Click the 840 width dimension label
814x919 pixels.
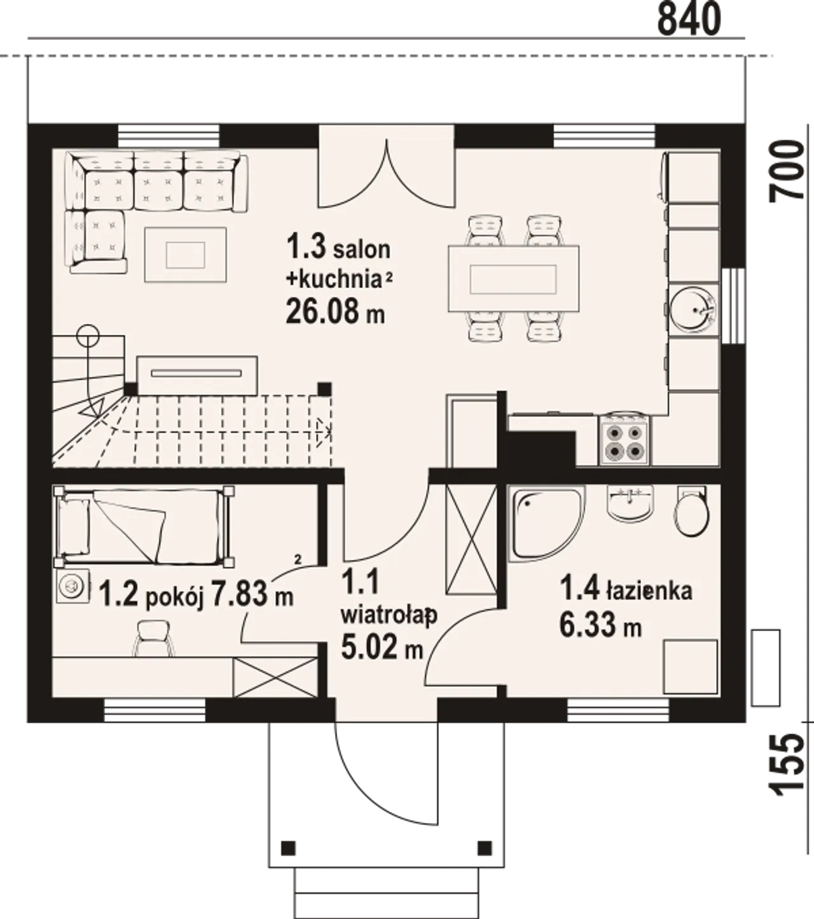point(689,18)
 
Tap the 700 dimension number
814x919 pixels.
point(786,171)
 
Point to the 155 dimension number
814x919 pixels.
point(786,765)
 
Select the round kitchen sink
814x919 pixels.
point(692,310)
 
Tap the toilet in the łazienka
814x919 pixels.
point(691,511)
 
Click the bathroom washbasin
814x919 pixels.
point(630,503)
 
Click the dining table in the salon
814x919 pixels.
point(513,278)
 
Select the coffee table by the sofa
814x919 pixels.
point(185,255)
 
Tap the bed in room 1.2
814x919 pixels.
point(144,527)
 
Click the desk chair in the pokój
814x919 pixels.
point(153,638)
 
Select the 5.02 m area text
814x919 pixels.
point(382,647)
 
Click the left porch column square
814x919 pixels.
point(288,848)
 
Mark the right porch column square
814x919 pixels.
point(485,848)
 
